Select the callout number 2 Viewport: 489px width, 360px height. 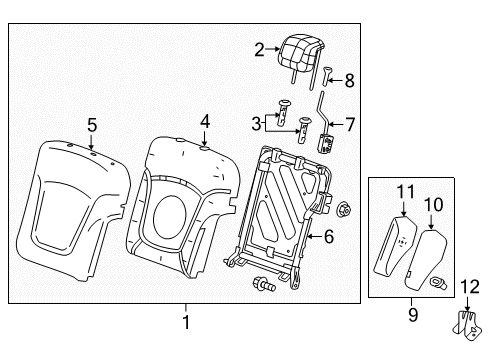259,48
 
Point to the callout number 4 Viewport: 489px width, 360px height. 204,120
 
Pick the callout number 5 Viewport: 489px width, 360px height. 91,126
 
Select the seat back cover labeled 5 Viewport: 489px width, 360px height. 75,205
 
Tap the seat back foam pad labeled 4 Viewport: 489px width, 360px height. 180,205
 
